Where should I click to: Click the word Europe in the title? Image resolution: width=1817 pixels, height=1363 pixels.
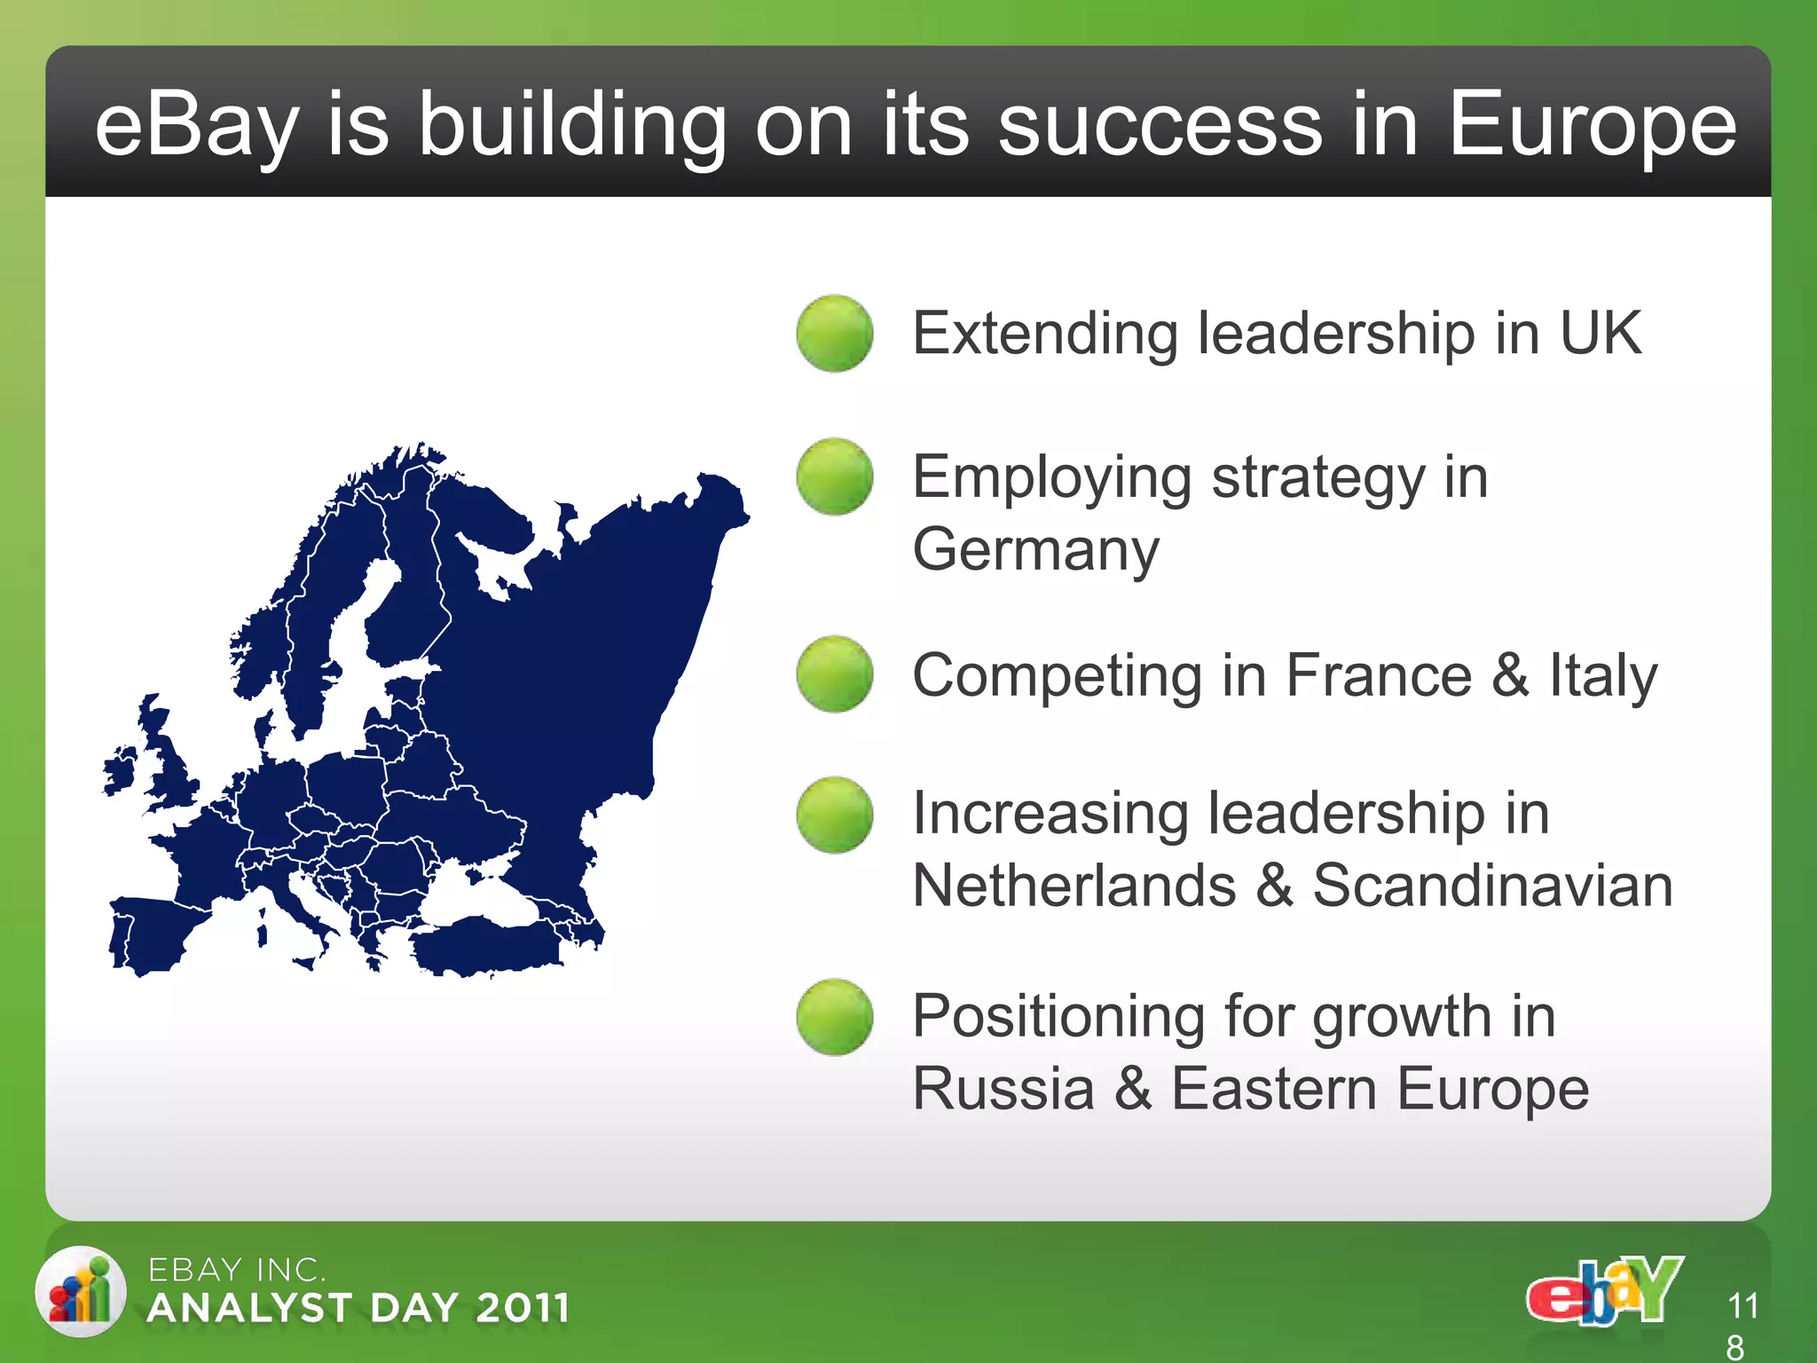click(1592, 126)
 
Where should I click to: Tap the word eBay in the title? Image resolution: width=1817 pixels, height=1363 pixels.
click(196, 126)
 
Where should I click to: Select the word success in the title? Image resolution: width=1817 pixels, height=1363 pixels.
click(1160, 126)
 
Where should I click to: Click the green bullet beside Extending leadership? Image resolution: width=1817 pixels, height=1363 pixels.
click(834, 333)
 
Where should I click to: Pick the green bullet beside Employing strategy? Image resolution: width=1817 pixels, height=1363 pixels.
click(834, 477)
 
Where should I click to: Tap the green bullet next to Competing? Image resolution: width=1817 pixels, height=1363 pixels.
click(834, 674)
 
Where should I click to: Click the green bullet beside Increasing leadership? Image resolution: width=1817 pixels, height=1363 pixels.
click(834, 815)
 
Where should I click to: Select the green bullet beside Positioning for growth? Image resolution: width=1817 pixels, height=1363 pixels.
click(834, 1017)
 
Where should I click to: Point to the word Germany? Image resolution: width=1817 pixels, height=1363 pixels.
click(1035, 550)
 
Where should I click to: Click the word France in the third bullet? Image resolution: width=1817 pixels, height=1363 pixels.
click(1380, 676)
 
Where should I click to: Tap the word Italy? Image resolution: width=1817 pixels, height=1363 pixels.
click(1603, 676)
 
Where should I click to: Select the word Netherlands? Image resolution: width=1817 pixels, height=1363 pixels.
click(1074, 886)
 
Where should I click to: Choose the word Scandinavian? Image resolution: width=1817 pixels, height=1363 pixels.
click(1492, 886)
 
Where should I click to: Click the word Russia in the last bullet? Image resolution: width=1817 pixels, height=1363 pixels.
click(1003, 1089)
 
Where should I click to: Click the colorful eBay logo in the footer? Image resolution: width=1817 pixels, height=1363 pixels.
click(1604, 1292)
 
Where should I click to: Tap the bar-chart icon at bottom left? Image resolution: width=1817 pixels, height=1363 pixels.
click(81, 1292)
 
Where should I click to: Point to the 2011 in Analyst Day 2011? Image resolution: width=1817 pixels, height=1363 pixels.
click(522, 1308)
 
